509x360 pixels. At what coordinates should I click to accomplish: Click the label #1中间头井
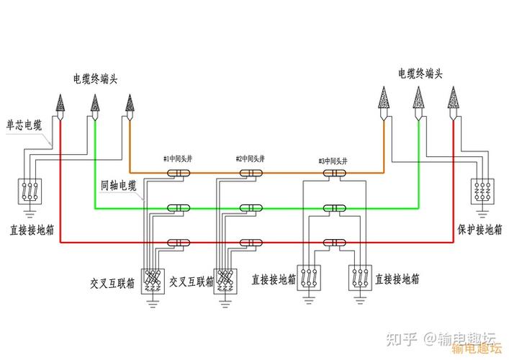tap(178, 158)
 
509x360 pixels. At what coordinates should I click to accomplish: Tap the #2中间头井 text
tap(250, 158)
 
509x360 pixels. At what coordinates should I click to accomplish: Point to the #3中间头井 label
tap(332, 161)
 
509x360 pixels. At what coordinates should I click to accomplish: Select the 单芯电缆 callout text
tap(24, 124)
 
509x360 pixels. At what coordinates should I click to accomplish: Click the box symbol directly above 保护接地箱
tap(482, 191)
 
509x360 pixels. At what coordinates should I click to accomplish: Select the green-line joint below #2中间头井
tap(250, 208)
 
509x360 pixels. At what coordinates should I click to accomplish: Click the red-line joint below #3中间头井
tap(333, 243)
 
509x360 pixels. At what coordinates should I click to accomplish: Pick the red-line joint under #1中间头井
tap(178, 243)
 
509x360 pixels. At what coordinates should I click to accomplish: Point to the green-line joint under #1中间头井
tap(178, 208)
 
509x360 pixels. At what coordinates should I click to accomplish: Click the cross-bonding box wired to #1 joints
tap(152, 278)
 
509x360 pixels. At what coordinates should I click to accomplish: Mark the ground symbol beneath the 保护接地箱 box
tap(482, 213)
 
